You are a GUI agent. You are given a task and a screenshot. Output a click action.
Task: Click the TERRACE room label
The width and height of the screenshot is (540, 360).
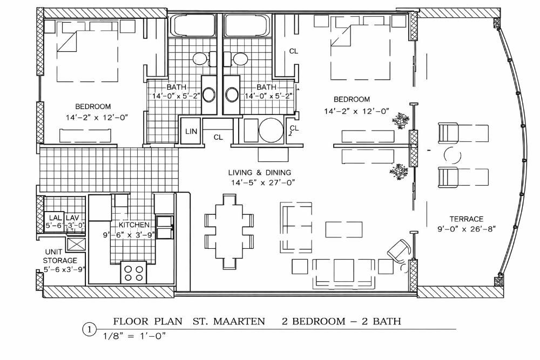tap(467, 219)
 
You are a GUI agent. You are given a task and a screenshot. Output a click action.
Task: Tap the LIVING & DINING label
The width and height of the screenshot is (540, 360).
tap(260, 172)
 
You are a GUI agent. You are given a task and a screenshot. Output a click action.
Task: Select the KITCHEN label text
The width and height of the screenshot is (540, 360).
tap(134, 225)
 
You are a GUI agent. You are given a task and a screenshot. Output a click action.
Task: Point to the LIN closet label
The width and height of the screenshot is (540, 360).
tap(191, 131)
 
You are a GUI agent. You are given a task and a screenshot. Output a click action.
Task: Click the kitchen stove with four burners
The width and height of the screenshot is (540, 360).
tap(133, 272)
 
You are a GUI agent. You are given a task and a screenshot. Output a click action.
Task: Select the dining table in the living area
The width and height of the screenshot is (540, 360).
tap(230, 232)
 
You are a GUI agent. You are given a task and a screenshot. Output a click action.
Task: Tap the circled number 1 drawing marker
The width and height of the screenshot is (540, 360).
tap(90, 330)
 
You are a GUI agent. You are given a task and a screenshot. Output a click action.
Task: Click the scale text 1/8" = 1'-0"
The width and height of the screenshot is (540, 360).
tap(134, 336)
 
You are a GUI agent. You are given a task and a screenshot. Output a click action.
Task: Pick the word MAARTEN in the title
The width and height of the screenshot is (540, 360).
tap(239, 322)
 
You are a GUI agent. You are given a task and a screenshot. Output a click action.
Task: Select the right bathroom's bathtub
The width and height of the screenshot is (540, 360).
tap(247, 25)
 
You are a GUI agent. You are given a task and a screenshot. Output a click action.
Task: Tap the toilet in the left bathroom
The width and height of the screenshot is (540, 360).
tap(203, 59)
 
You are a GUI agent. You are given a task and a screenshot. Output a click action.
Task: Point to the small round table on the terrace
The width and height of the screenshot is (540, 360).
tap(452, 155)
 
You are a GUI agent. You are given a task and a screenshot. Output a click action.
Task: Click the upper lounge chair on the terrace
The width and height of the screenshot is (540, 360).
tap(463, 133)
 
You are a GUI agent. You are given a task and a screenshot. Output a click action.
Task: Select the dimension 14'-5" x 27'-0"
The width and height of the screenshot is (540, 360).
tap(263, 182)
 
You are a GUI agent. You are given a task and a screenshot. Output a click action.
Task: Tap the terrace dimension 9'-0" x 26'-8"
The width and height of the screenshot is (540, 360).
tap(467, 229)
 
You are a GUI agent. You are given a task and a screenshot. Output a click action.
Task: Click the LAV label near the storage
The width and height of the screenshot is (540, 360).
tap(72, 218)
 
